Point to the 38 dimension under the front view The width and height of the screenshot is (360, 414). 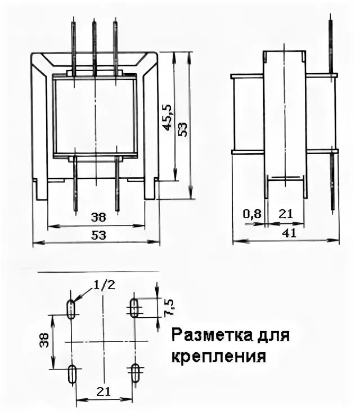click(97, 217)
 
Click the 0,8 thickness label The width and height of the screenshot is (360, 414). click(251, 214)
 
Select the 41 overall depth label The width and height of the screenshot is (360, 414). click(290, 233)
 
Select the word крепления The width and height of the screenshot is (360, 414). click(217, 356)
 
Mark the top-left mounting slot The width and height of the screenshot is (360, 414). click(71, 309)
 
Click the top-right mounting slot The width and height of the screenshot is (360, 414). click(135, 308)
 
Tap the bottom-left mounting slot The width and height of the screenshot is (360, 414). click(72, 374)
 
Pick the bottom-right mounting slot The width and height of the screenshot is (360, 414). click(135, 373)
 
